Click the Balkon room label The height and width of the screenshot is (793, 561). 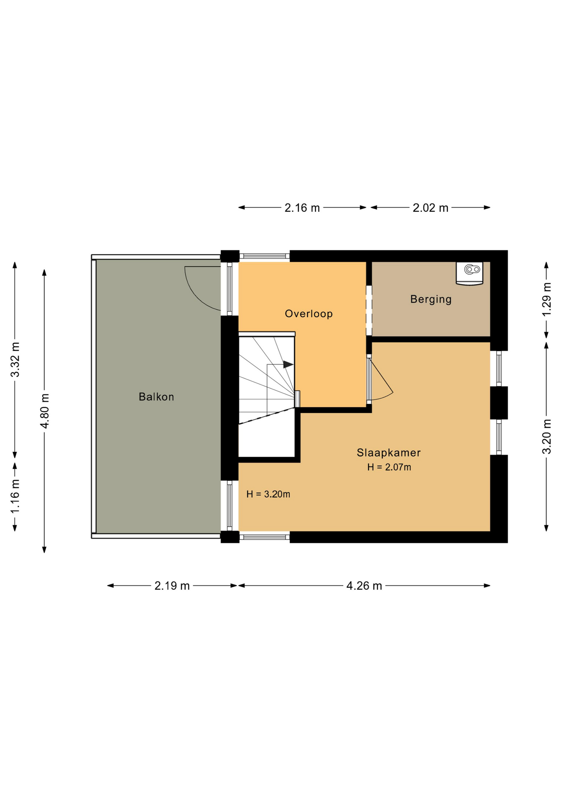(x=156, y=397)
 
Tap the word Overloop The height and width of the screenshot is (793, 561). (x=309, y=314)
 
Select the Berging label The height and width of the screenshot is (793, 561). (x=431, y=299)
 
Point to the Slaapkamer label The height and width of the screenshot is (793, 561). (x=389, y=453)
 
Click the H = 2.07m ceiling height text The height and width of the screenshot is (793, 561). (x=389, y=467)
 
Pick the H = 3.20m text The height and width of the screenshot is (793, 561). (x=268, y=494)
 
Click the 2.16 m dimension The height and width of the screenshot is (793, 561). (x=302, y=208)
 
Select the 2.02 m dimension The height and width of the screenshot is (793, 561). (x=430, y=208)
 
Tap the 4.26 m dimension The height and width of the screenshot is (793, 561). (x=364, y=586)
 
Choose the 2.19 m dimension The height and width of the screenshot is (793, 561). (x=172, y=586)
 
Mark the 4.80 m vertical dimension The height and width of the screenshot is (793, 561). (x=45, y=411)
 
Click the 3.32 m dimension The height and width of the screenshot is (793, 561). (x=15, y=360)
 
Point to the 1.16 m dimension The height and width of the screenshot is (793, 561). (x=15, y=497)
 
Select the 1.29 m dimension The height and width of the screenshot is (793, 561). (x=547, y=299)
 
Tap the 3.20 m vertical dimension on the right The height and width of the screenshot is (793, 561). (x=547, y=437)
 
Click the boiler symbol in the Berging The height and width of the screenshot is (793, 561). (x=470, y=273)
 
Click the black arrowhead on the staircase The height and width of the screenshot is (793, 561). (x=288, y=365)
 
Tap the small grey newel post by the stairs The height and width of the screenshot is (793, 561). (x=297, y=399)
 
